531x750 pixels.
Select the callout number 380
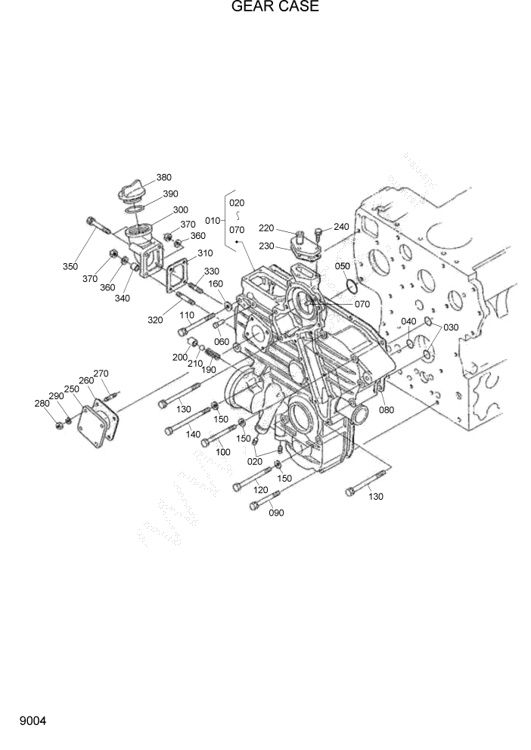coord(164,178)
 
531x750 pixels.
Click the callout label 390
coord(171,194)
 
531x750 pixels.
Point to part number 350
coord(70,266)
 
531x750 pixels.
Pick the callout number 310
coord(205,253)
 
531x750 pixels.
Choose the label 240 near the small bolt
coord(341,226)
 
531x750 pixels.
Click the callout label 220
coord(265,228)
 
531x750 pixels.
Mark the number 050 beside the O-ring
coord(343,267)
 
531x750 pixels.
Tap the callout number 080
coord(387,411)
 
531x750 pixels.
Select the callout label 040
coord(408,321)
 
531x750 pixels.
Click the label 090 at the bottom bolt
coord(277,513)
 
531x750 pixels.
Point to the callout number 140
coord(193,435)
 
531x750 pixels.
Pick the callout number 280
coord(42,404)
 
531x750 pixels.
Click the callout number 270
coord(101,373)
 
